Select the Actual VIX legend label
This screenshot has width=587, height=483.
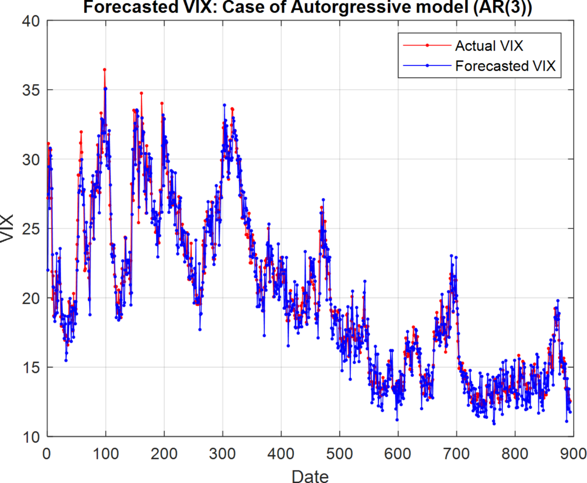[489, 46]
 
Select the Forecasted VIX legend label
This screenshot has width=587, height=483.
[505, 66]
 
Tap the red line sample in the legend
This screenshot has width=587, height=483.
[427, 46]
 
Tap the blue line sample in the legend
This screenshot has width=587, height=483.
[427, 65]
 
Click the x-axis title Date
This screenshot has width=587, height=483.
[310, 475]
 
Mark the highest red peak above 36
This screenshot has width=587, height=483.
[104, 69]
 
